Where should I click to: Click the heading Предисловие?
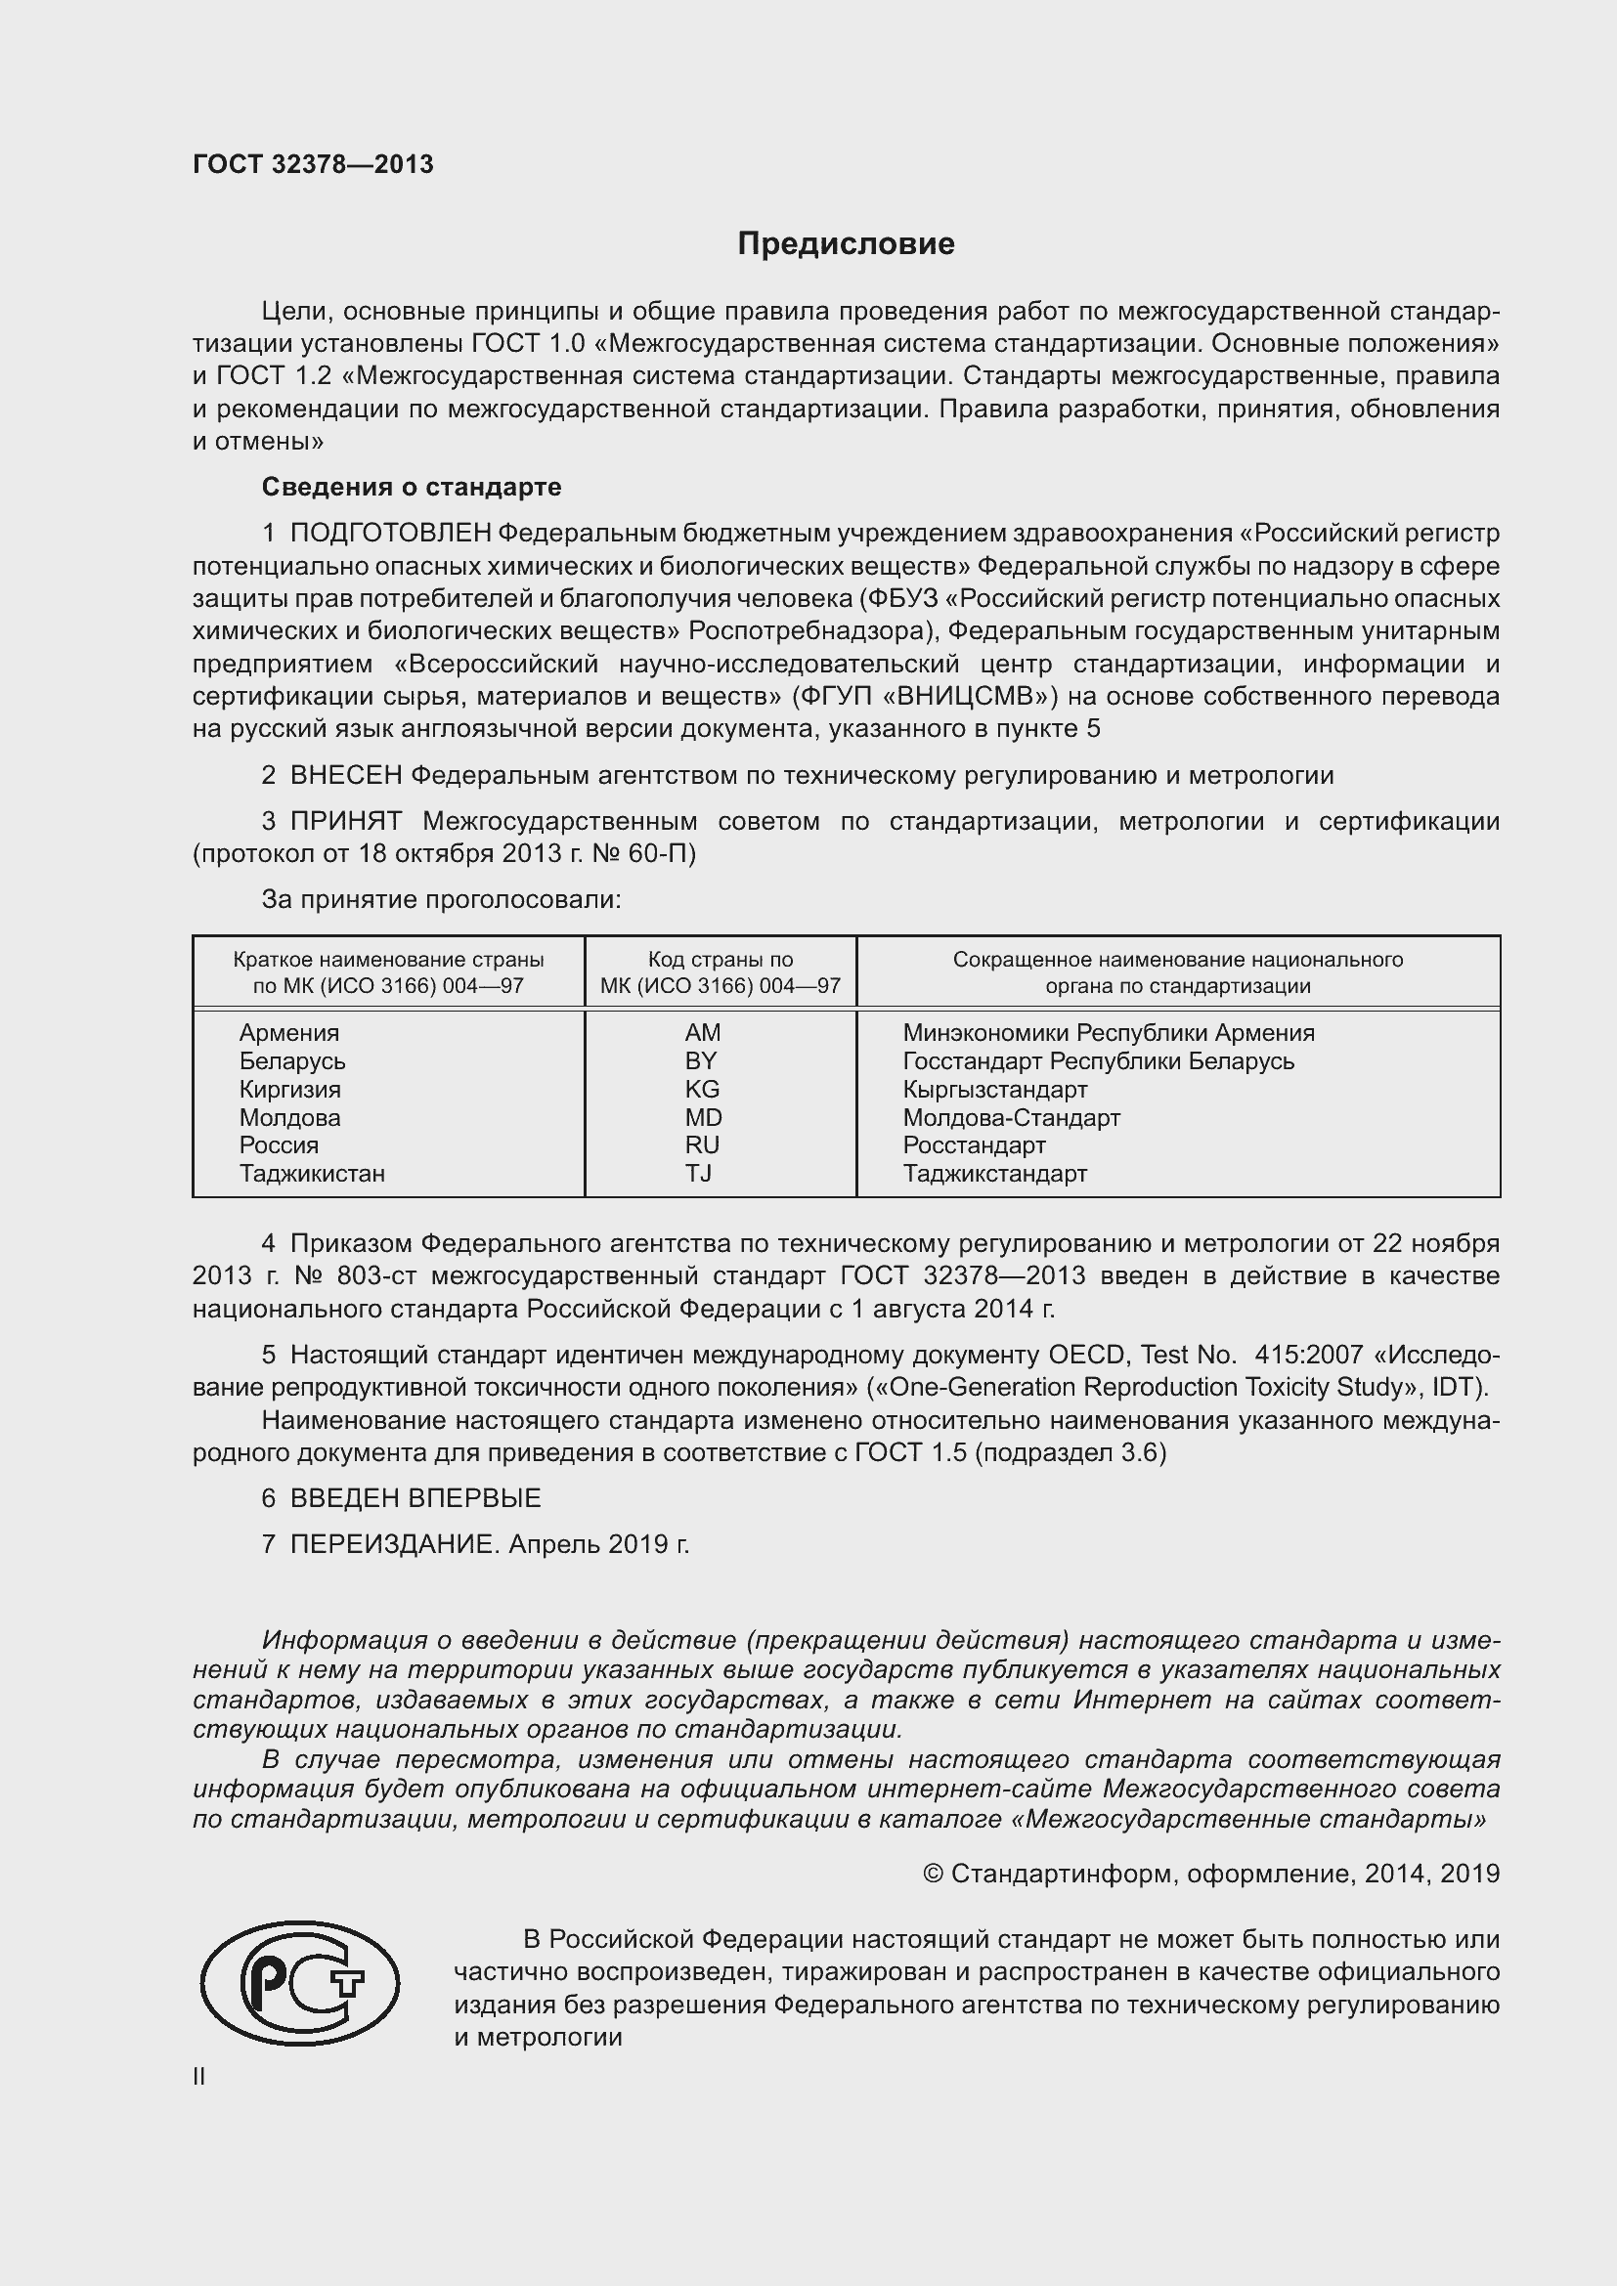846,244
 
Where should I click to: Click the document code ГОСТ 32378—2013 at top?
313,165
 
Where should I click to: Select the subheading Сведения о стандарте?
412,487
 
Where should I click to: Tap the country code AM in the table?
702,1032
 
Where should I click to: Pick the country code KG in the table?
702,1089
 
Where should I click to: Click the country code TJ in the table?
698,1173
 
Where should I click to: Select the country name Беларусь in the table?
291,1061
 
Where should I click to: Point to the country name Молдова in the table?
288,1117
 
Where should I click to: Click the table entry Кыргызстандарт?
994,1089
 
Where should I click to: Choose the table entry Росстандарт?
974,1145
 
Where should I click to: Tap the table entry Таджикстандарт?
994,1173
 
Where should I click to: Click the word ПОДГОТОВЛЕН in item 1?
390,534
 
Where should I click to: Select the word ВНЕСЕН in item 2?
345,776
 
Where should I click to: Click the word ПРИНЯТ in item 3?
345,821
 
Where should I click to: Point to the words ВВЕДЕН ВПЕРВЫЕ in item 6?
415,1498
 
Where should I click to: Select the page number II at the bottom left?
199,2076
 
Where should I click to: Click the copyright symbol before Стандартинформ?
932,1875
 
